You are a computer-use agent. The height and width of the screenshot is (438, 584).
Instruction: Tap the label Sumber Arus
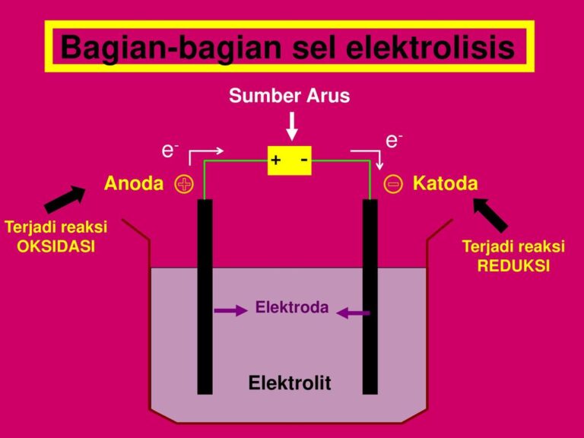click(290, 96)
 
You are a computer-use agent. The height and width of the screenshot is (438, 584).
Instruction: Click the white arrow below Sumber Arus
click(292, 125)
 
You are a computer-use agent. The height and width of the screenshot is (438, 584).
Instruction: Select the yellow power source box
click(290, 160)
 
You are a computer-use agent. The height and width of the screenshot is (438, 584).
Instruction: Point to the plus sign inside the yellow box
click(276, 160)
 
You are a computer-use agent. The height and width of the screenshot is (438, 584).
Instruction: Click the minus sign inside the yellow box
click(303, 159)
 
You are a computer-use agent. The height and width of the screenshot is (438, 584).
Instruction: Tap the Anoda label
click(134, 183)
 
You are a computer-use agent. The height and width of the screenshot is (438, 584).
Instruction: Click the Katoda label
click(445, 183)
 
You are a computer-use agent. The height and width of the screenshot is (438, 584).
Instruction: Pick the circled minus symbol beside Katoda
click(393, 184)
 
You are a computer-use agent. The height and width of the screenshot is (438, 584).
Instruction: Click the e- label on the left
click(169, 150)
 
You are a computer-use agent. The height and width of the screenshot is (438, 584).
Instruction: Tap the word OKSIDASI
click(56, 246)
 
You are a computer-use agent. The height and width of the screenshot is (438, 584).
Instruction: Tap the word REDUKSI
click(513, 266)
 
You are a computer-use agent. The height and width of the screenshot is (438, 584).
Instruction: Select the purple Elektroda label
click(292, 307)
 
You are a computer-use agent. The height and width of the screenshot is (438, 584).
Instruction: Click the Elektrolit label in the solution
click(290, 382)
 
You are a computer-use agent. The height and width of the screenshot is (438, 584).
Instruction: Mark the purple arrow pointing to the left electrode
click(230, 310)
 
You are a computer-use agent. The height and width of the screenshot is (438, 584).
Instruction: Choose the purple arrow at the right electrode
click(353, 313)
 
